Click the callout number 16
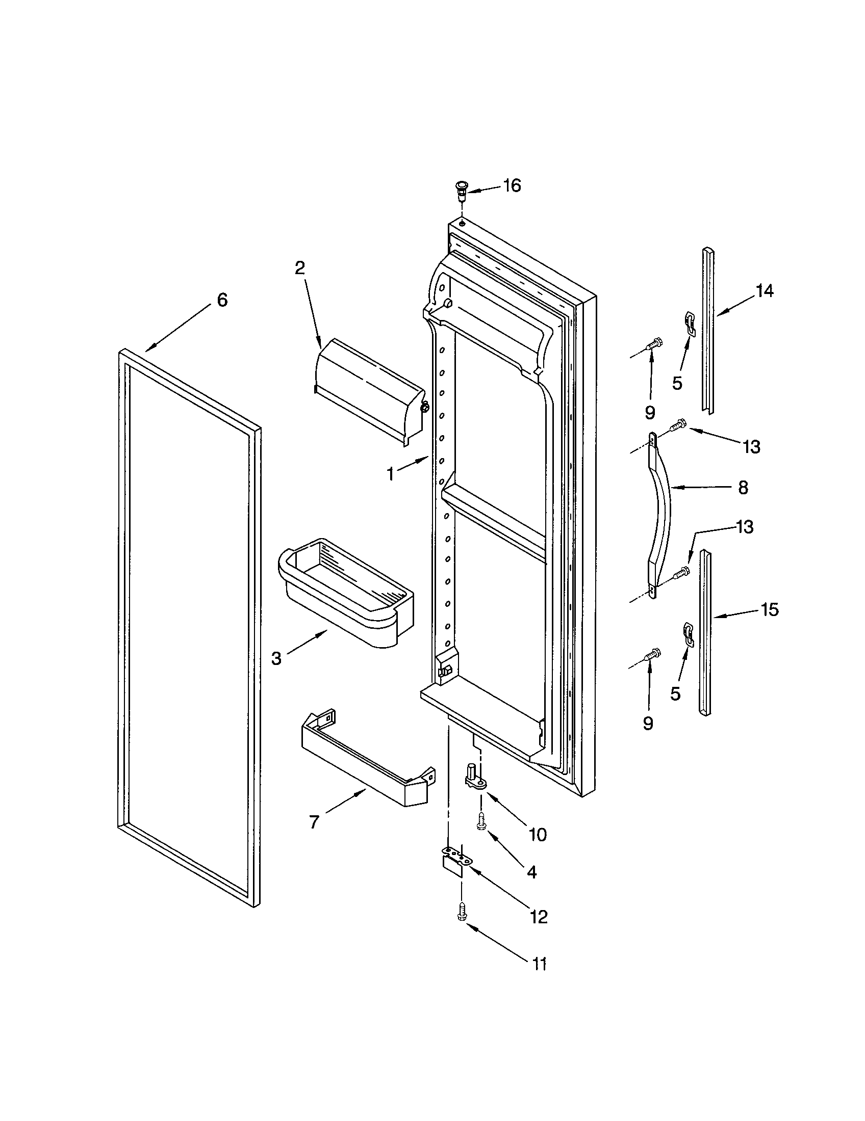pyautogui.click(x=512, y=185)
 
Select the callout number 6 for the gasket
pyautogui.click(x=222, y=300)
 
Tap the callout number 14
pyautogui.click(x=765, y=291)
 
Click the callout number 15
pyautogui.click(x=770, y=609)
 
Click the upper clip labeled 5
pyautogui.click(x=691, y=324)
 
